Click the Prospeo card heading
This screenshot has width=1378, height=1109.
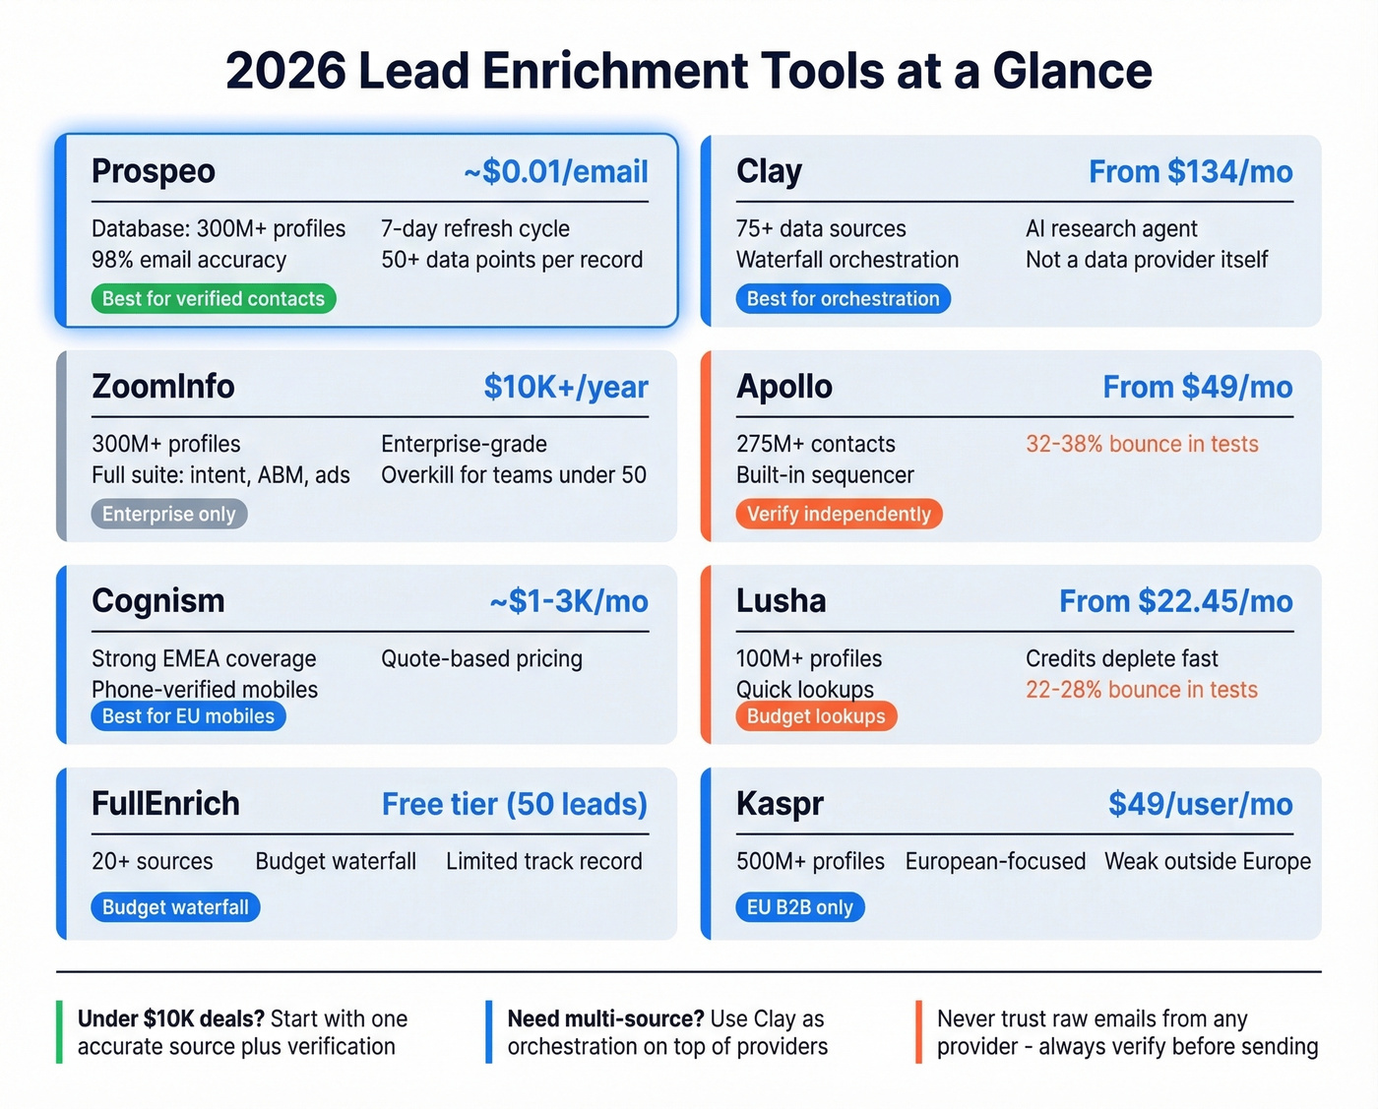(x=153, y=171)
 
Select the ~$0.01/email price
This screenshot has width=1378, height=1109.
(x=555, y=171)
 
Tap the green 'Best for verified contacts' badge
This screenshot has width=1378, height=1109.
(x=214, y=299)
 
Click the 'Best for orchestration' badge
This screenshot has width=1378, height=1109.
(x=843, y=299)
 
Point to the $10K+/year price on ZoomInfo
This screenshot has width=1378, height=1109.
(x=565, y=387)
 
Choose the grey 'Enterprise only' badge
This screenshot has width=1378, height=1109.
(x=168, y=514)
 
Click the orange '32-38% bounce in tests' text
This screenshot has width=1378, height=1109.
(x=1142, y=444)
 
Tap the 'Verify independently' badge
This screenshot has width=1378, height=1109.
(x=839, y=514)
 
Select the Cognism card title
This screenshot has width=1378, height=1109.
(x=157, y=601)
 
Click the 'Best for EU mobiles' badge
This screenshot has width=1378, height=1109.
(x=188, y=716)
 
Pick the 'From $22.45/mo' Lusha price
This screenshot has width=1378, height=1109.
(x=1175, y=601)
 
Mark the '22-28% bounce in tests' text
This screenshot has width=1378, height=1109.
(x=1142, y=690)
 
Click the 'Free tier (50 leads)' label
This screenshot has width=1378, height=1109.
(x=514, y=804)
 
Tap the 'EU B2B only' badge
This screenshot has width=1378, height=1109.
(x=799, y=907)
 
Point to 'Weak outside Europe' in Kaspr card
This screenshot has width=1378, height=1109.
(x=1207, y=861)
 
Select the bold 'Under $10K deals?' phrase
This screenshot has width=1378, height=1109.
(x=170, y=1018)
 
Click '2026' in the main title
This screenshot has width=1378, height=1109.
(x=285, y=71)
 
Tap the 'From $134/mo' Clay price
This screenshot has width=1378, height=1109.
(x=1190, y=171)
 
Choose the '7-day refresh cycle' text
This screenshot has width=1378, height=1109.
(x=474, y=228)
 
